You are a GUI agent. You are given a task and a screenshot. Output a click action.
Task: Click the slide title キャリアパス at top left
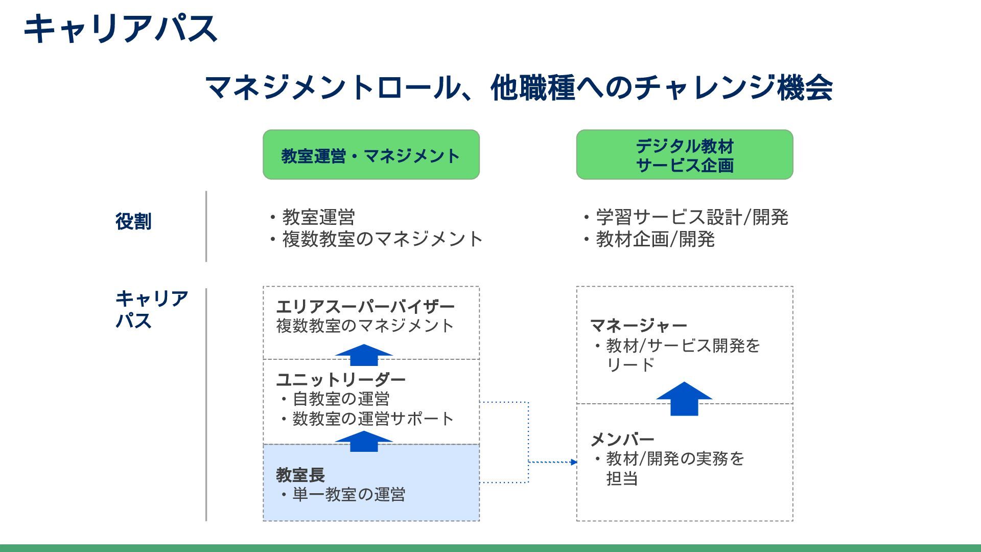point(121,28)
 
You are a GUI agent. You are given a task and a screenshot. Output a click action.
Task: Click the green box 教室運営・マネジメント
point(371,155)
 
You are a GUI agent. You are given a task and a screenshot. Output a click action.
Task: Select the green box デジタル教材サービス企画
point(685,155)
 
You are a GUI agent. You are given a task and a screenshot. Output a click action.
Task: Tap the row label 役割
point(133,221)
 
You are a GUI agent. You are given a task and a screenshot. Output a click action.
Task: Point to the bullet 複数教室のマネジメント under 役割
point(382,239)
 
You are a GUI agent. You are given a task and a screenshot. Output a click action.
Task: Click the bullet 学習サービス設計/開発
point(691,217)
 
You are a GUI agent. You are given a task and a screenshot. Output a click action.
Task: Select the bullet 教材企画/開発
point(655,239)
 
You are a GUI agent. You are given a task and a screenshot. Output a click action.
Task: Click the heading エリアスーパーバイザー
point(365,307)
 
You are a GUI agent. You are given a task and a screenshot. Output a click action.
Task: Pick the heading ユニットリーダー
point(341,379)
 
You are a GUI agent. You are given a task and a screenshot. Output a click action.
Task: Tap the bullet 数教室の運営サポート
point(372,419)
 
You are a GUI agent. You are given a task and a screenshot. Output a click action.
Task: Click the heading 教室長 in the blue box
point(300,475)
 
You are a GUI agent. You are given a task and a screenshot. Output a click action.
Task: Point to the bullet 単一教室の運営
point(348,495)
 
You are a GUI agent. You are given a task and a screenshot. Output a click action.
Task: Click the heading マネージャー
point(638,325)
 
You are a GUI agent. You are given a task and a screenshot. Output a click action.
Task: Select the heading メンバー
point(622,439)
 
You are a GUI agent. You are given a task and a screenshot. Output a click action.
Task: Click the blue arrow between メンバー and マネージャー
point(684,400)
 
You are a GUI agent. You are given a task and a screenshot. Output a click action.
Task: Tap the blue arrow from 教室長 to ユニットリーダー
point(364,442)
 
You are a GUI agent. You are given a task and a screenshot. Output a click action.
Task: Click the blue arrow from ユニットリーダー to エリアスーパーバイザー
point(364,355)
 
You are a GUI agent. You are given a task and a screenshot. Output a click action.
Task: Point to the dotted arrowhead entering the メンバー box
point(574,462)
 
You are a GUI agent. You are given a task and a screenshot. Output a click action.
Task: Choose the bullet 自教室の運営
point(341,399)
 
